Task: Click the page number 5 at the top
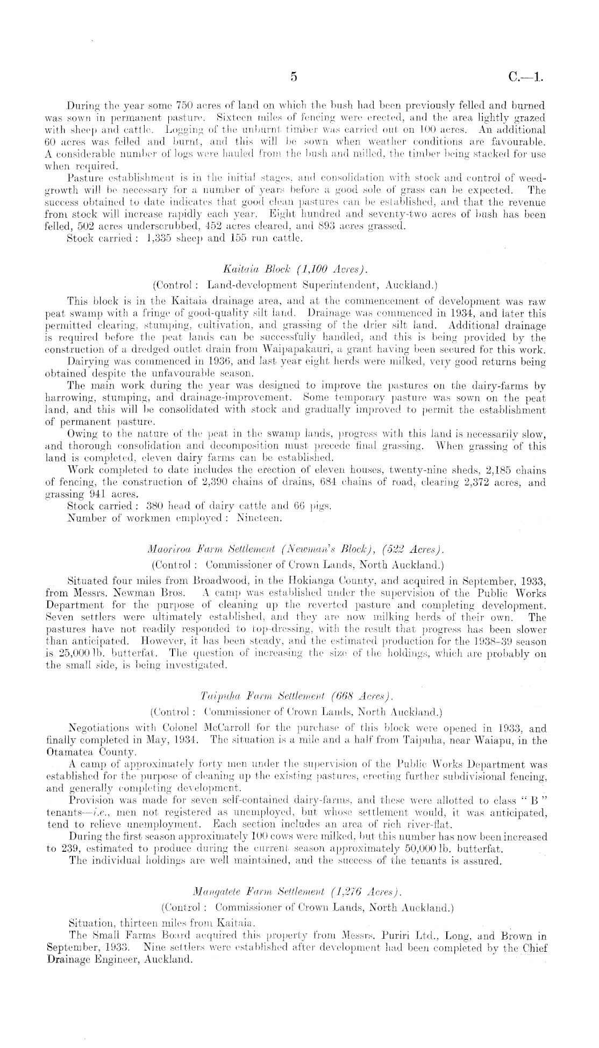point(293,77)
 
